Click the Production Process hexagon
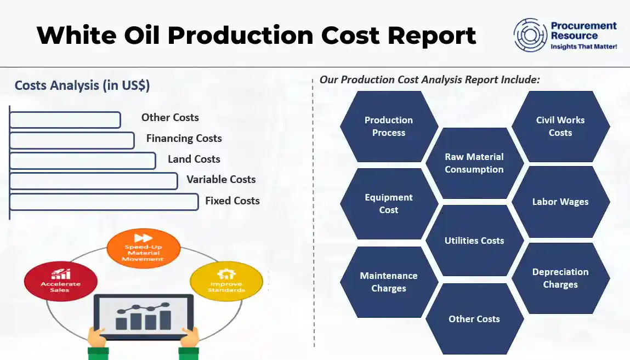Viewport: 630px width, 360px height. (389, 127)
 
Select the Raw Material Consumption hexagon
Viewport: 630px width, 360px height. (474, 163)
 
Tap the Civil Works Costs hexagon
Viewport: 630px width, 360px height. (560, 127)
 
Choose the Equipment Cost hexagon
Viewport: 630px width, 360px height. (389, 204)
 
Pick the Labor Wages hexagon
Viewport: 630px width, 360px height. (560, 202)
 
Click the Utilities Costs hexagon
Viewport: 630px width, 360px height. (474, 241)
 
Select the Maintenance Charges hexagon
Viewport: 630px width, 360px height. (389, 282)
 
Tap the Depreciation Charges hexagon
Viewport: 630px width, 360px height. (560, 278)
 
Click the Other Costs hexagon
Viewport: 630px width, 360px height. (474, 319)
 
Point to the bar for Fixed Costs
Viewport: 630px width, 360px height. (104, 202)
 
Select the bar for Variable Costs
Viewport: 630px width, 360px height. (94, 181)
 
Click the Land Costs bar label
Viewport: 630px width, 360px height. (194, 159)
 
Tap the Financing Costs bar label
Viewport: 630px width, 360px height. (184, 139)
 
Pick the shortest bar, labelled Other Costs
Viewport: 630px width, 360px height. (65, 120)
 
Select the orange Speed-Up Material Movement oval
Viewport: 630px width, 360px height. (143, 249)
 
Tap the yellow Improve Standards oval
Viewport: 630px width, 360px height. (226, 281)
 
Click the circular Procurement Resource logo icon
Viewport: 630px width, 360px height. (530, 35)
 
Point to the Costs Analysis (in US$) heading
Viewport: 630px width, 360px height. (82, 85)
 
